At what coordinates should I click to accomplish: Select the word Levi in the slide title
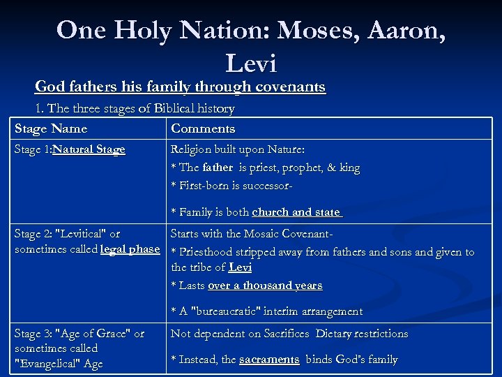[x=251, y=64]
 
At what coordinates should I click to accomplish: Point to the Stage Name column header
[x=51, y=128]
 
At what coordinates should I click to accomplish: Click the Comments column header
[x=203, y=128]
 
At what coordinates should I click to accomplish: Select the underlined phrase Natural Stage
[x=89, y=149]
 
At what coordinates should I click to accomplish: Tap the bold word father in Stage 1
[x=218, y=168]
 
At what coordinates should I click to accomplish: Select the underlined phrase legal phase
[x=130, y=249]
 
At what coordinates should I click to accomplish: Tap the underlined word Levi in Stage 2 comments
[x=240, y=267]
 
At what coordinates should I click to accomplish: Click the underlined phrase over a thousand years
[x=265, y=286]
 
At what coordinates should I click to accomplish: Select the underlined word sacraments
[x=269, y=360]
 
